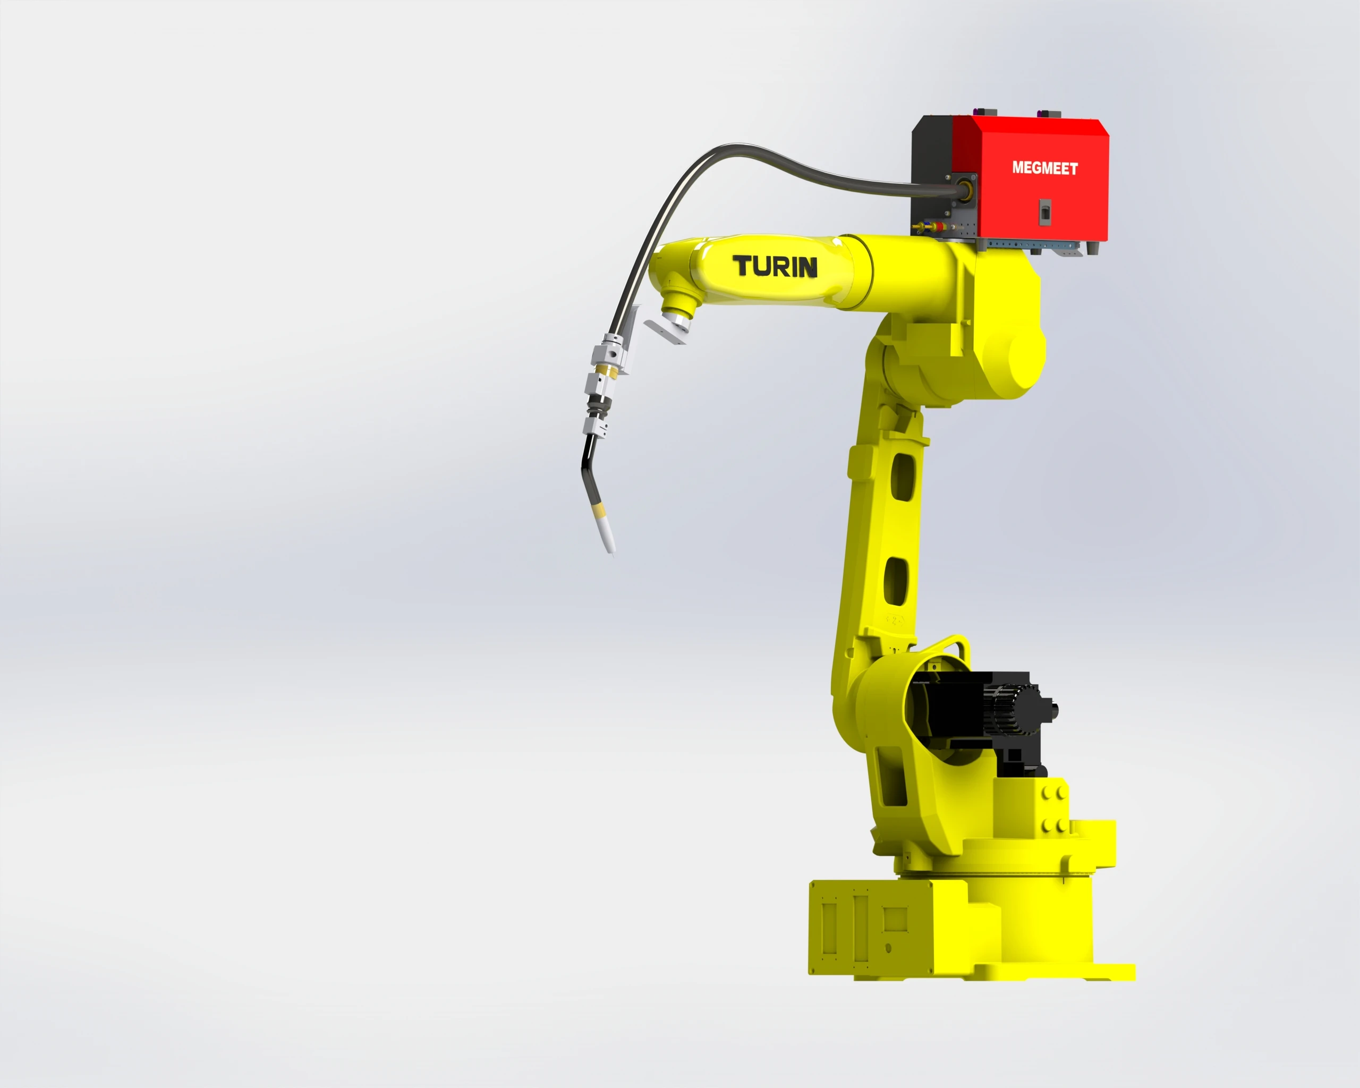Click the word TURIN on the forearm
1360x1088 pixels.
(775, 266)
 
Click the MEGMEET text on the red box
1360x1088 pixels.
(1044, 168)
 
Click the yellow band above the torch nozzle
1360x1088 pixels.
(597, 508)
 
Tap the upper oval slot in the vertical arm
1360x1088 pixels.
(904, 476)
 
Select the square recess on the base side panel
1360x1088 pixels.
(895, 920)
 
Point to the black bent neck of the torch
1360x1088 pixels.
(589, 470)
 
